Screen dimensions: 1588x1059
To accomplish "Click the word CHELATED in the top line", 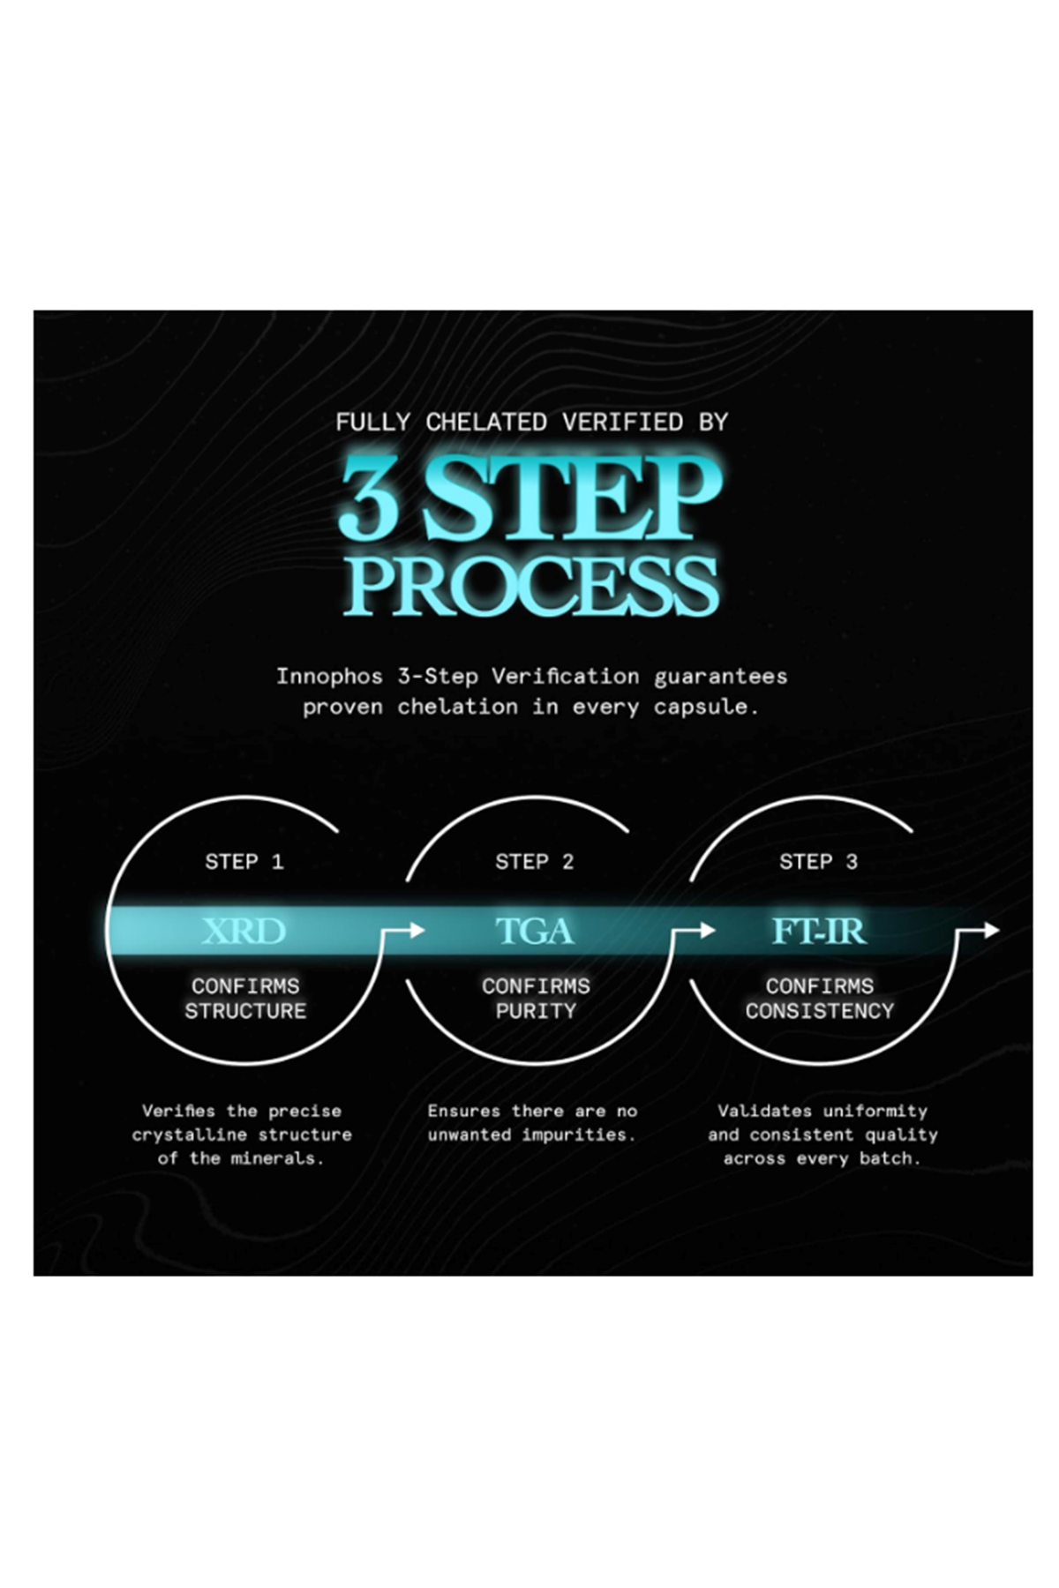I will click(x=486, y=423).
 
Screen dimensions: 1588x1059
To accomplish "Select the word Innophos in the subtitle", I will click(x=329, y=677).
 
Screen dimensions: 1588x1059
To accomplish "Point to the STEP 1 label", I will click(x=244, y=862).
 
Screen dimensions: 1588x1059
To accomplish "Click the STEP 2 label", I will click(x=535, y=862).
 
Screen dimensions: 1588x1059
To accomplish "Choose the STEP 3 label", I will click(x=818, y=862).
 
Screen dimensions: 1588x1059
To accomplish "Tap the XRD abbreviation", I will click(x=244, y=931).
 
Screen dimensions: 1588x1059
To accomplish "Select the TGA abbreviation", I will click(x=535, y=931).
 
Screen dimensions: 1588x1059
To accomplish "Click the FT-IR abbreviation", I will click(x=819, y=931).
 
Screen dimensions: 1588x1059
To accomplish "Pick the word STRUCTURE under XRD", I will click(x=245, y=1011).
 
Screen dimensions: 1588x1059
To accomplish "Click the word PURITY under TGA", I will click(x=536, y=1011).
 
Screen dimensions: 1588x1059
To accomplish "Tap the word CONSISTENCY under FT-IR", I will click(x=820, y=1011).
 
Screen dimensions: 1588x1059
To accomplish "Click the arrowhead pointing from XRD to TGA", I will click(x=417, y=930).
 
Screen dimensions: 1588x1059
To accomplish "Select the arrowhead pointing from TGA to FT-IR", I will click(x=706, y=930).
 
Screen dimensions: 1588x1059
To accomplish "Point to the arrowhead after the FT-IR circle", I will click(x=992, y=930).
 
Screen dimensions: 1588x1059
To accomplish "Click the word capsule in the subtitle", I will click(x=705, y=707).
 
